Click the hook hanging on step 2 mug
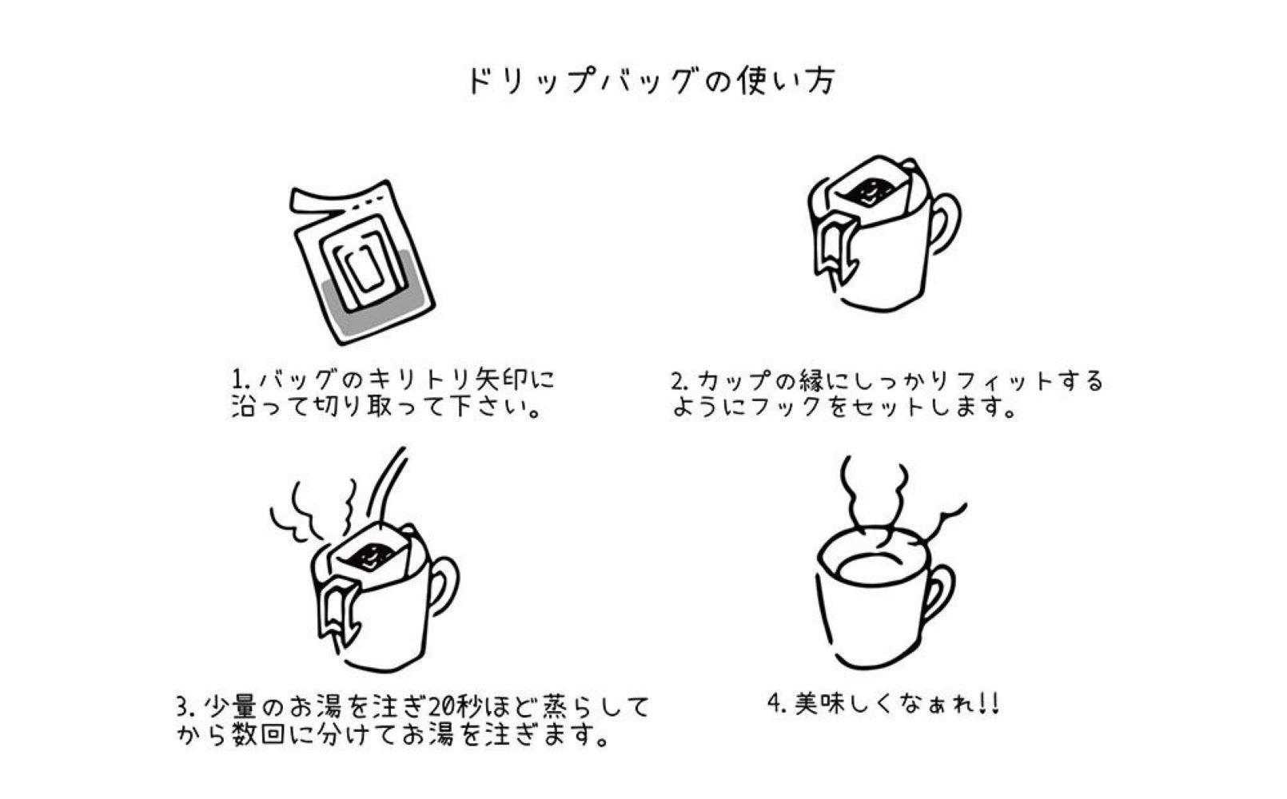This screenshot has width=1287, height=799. tap(836, 244)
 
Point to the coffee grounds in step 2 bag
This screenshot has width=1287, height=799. tap(867, 193)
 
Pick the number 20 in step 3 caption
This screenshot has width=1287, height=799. tap(446, 707)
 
